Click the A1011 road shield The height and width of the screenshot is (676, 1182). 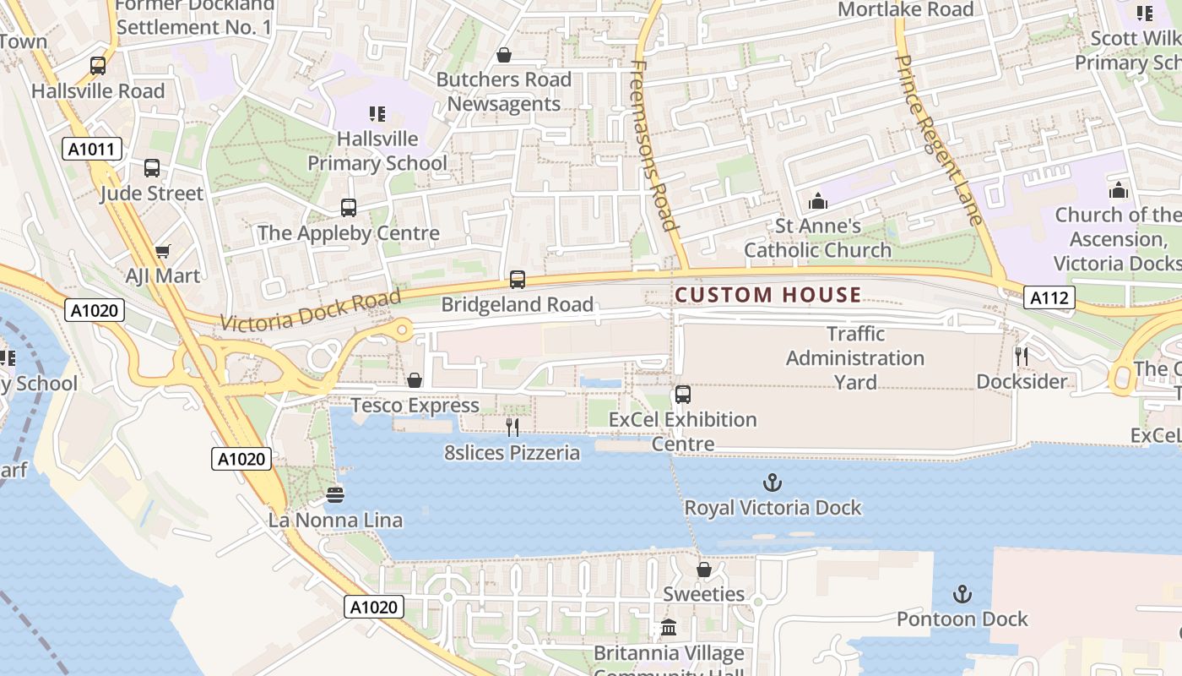[92, 150]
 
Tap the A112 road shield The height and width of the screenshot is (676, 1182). [1050, 297]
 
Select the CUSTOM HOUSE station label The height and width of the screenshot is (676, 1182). [768, 295]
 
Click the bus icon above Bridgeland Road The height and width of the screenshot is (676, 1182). [517, 279]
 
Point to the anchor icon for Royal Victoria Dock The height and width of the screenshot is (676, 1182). [772, 482]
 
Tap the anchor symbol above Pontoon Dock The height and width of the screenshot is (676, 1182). [962, 594]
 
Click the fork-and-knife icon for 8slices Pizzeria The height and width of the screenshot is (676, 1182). [512, 428]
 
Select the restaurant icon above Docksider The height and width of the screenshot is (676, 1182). [1021, 356]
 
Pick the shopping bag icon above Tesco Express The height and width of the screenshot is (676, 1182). [415, 380]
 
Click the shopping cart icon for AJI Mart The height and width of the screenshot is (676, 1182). [163, 251]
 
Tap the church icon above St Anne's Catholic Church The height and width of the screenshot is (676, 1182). [817, 201]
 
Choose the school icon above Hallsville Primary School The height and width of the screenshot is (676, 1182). [377, 113]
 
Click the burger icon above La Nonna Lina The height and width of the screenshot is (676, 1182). [335, 494]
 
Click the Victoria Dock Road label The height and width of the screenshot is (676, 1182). [311, 310]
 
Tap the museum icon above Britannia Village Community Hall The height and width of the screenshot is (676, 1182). [669, 628]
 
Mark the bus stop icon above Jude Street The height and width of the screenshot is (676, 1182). [152, 168]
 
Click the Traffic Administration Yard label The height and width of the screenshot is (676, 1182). [855, 357]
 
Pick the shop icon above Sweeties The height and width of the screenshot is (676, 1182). [703, 570]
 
